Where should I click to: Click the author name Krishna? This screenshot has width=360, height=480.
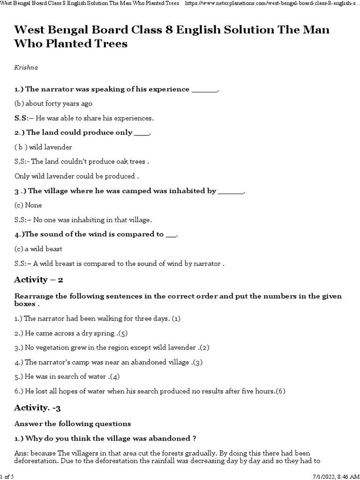pyautogui.click(x=26, y=67)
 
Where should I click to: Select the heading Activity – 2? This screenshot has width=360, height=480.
pyautogui.click(x=38, y=280)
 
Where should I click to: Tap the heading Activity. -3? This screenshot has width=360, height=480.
pyautogui.click(x=37, y=408)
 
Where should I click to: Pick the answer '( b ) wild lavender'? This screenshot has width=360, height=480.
pyautogui.click(x=43, y=147)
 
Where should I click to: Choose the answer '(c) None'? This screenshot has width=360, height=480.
pyautogui.click(x=28, y=205)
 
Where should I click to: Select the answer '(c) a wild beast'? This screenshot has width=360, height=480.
pyautogui.click(x=38, y=249)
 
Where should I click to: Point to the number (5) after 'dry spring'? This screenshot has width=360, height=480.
pyautogui.click(x=123, y=333)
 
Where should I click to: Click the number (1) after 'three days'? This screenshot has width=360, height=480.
pyautogui.click(x=176, y=319)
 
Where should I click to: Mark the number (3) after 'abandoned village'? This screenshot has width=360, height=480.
pyautogui.click(x=197, y=362)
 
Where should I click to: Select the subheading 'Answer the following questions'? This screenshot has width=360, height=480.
pyautogui.click(x=73, y=424)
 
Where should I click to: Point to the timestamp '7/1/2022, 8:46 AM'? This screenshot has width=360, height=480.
pyautogui.click(x=334, y=476)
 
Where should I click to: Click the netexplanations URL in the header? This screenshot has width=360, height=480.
pyautogui.click(x=272, y=4)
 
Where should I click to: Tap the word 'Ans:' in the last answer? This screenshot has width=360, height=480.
pyautogui.click(x=22, y=453)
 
